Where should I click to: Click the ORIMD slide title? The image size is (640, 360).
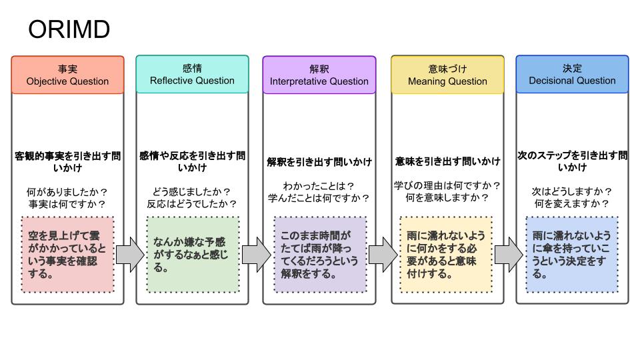pos(69,30)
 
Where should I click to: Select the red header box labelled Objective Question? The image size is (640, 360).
pos(67,75)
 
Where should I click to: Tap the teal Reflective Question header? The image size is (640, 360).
pos(192,75)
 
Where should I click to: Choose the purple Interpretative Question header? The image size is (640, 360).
pos(319,75)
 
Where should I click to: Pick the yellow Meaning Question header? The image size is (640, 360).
pos(447,75)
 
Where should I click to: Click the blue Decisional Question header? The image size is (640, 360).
pos(572,75)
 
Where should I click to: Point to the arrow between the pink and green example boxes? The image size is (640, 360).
pos(130,254)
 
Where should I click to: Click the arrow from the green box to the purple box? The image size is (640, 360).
pos(256,254)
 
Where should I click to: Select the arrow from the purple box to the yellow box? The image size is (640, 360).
pos(383,254)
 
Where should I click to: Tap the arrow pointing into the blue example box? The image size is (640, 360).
pos(509,254)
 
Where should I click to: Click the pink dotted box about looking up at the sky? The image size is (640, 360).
pos(67,254)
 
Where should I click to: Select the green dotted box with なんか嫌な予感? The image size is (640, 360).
pos(192,254)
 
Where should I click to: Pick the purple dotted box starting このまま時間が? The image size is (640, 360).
pos(319,254)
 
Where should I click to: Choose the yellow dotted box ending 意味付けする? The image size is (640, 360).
pos(446,254)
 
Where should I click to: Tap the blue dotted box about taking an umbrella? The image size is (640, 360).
pos(572,254)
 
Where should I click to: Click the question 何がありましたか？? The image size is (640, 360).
pos(67,192)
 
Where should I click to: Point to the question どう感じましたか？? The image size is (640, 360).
pos(192,191)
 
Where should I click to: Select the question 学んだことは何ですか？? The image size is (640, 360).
pos(319,198)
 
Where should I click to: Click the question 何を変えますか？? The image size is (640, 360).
pos(572,203)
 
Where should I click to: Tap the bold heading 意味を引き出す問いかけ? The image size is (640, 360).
pos(447,161)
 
